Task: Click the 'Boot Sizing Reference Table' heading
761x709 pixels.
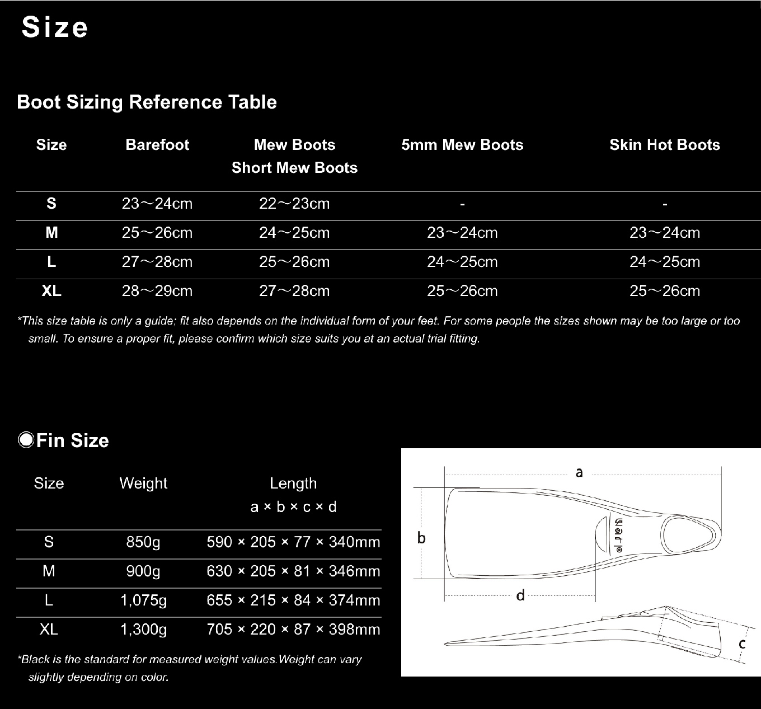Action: tap(147, 102)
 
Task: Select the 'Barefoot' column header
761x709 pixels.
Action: tap(157, 145)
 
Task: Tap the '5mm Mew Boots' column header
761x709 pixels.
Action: tap(462, 145)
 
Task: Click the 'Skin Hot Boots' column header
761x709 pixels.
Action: tap(665, 145)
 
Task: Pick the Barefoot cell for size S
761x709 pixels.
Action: tap(157, 204)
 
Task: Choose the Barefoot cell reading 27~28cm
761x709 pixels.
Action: tap(157, 262)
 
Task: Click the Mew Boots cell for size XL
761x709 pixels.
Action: tap(294, 291)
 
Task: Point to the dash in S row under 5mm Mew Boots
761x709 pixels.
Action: tap(462, 205)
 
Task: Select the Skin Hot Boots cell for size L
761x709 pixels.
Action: tap(665, 262)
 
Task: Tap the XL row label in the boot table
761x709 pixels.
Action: tap(51, 291)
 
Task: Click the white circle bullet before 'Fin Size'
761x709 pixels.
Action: tap(26, 440)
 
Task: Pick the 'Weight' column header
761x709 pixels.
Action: tap(143, 483)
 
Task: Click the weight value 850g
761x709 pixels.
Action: tap(143, 542)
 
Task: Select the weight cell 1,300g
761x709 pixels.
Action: tap(144, 630)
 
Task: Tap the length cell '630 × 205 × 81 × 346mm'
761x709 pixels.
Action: tap(293, 571)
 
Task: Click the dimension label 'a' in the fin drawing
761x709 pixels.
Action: tap(579, 472)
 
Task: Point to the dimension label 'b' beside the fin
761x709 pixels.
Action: tap(421, 538)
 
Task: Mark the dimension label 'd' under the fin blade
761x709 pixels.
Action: tap(520, 595)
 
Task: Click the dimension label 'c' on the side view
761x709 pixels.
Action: tap(742, 644)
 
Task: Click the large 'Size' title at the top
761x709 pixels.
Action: tap(55, 28)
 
